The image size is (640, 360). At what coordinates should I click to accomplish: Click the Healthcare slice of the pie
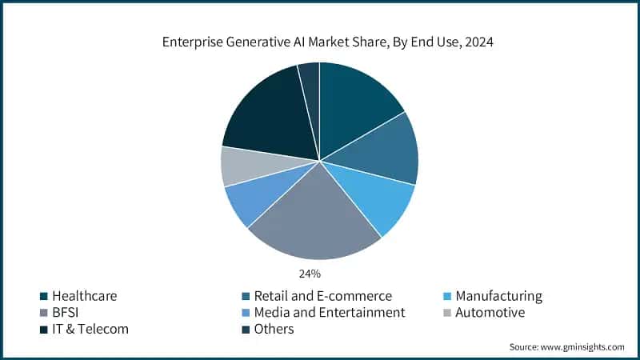click(356, 104)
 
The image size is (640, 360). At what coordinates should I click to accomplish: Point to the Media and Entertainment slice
click(254, 198)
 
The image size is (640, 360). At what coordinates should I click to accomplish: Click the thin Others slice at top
click(310, 80)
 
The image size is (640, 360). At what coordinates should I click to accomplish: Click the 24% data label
click(310, 274)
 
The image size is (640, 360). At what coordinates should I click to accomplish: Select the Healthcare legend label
click(85, 296)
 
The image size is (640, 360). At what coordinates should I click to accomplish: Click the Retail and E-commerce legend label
click(322, 296)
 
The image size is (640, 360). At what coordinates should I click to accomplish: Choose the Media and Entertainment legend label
click(329, 312)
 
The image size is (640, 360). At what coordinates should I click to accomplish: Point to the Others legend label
click(274, 329)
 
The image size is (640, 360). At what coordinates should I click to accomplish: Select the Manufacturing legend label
click(498, 296)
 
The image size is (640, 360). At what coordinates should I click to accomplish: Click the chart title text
click(320, 42)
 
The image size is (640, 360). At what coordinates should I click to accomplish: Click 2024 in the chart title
click(478, 42)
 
